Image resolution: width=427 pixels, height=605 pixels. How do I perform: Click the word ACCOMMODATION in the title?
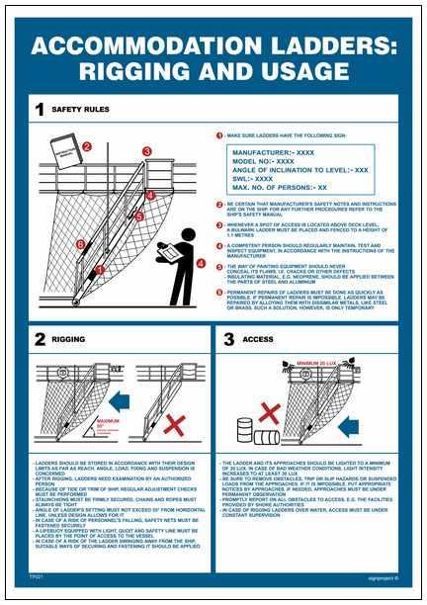click(x=128, y=46)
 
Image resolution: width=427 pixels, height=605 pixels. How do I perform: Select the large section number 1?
click(x=39, y=111)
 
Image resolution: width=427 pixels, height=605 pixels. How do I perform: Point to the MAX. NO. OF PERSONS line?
click(x=280, y=187)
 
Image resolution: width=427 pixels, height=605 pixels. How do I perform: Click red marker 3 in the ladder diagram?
click(x=147, y=151)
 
